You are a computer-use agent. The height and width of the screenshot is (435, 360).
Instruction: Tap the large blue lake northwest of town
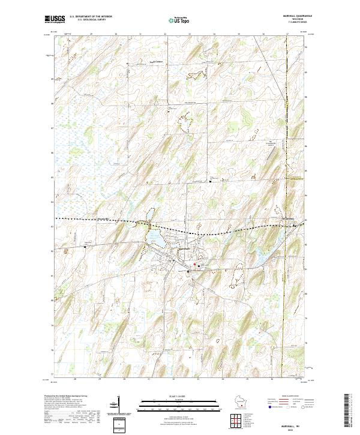[155, 239]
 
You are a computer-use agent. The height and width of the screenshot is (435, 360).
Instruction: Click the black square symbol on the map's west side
[85, 246]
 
